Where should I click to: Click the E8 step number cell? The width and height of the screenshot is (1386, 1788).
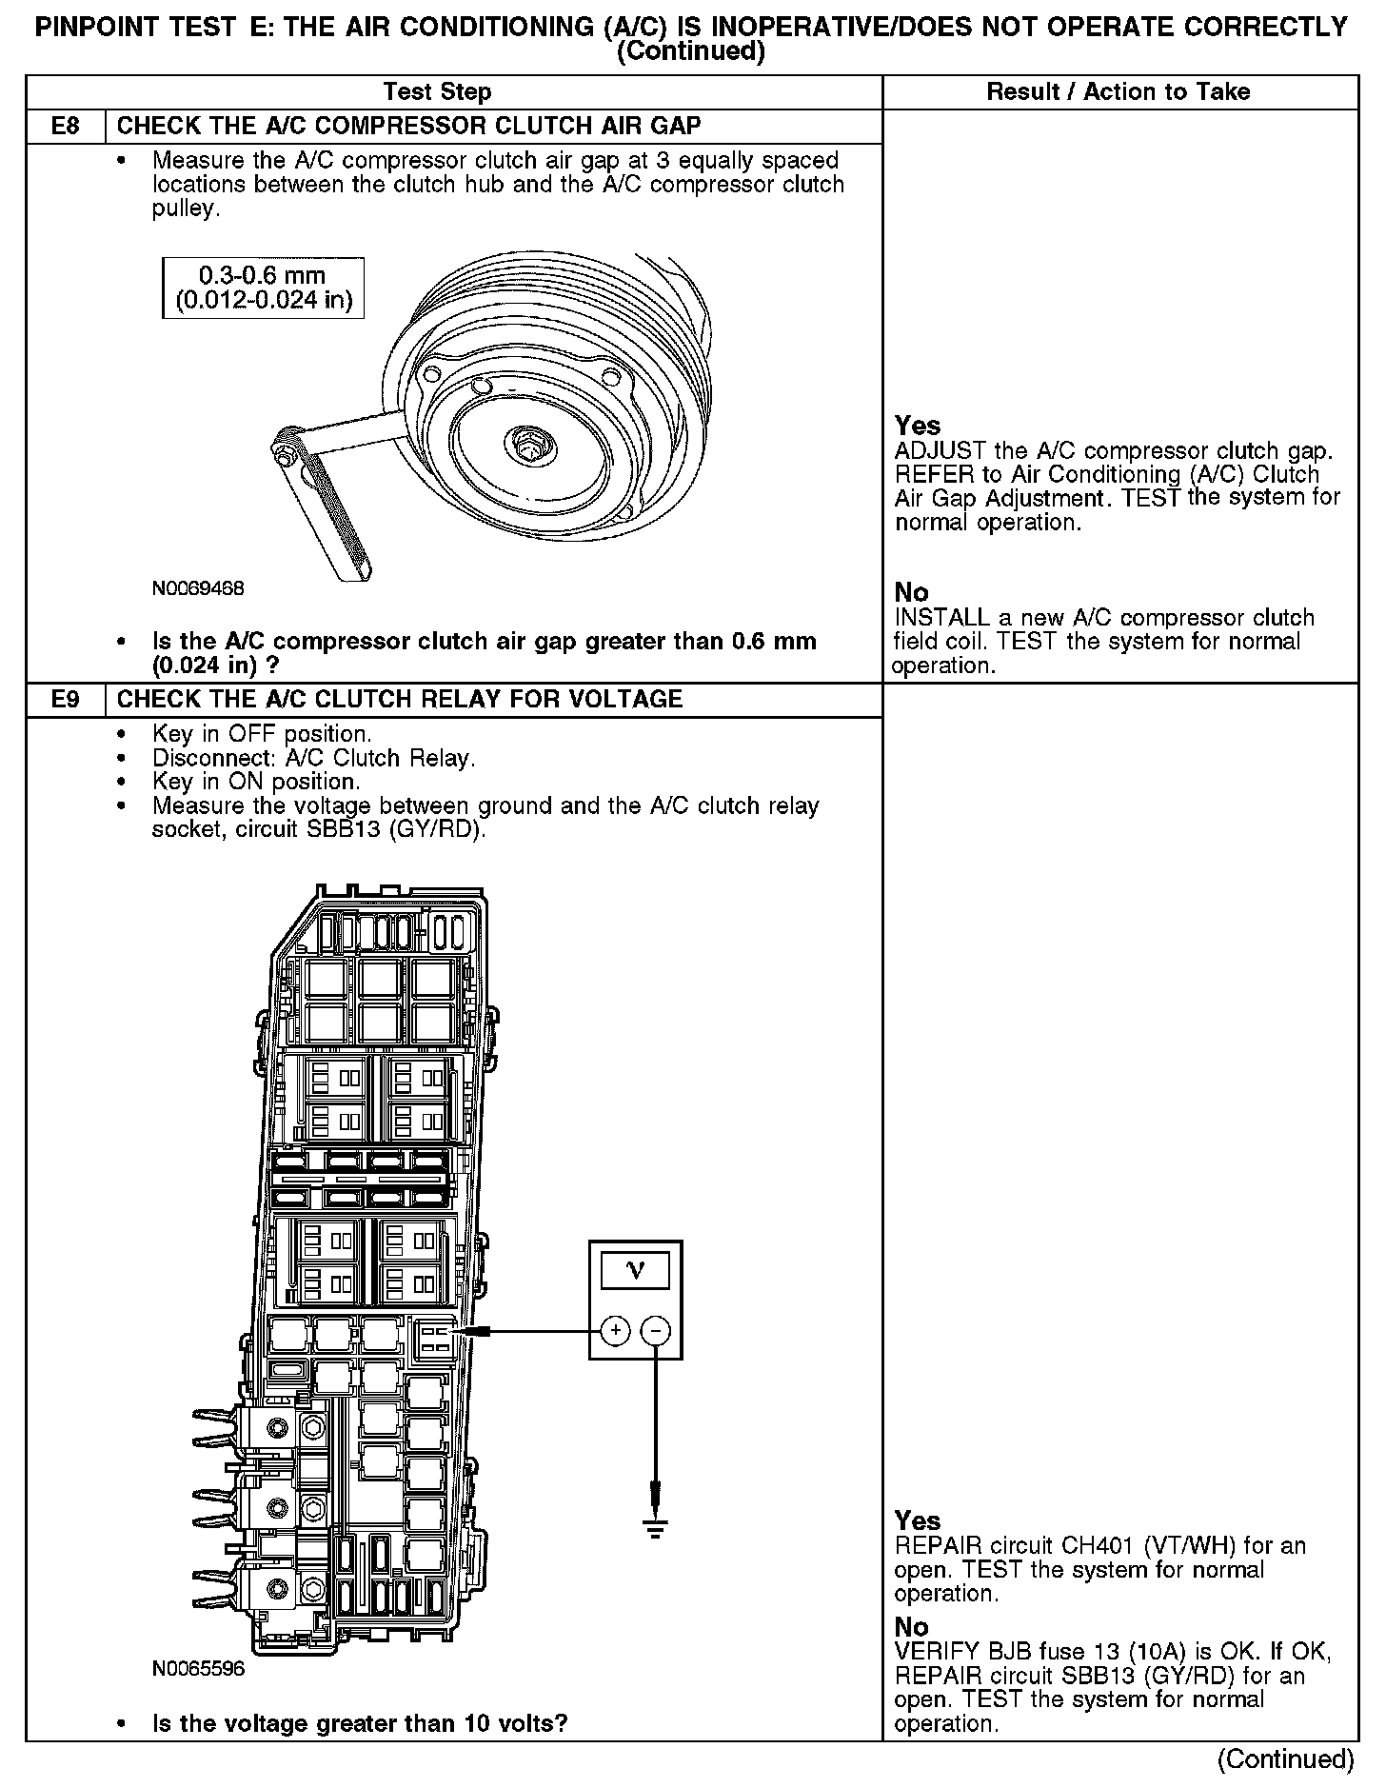[65, 126]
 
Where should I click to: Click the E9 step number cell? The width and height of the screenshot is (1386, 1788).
[65, 699]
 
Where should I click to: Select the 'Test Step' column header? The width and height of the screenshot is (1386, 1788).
[437, 91]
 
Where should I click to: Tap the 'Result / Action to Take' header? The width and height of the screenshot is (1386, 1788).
[1119, 91]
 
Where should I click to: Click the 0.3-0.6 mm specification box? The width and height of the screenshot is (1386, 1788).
[263, 288]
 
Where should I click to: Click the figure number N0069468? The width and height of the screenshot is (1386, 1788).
[198, 588]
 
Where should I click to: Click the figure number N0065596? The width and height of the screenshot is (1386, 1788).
[198, 1669]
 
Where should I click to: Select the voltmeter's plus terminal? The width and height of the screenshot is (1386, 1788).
[615, 1331]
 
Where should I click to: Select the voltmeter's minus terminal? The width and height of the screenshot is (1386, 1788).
[656, 1331]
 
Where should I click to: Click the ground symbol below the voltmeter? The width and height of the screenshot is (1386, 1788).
[655, 1529]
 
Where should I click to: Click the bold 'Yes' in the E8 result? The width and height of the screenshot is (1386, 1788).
[918, 426]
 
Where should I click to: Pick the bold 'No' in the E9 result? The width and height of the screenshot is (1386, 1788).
[911, 1627]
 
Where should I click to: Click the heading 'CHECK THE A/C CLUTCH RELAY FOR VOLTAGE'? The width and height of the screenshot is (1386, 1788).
[399, 699]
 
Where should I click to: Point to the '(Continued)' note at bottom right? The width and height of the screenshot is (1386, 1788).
[1285, 1759]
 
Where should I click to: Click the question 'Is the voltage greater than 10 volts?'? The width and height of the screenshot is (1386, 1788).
[360, 1724]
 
